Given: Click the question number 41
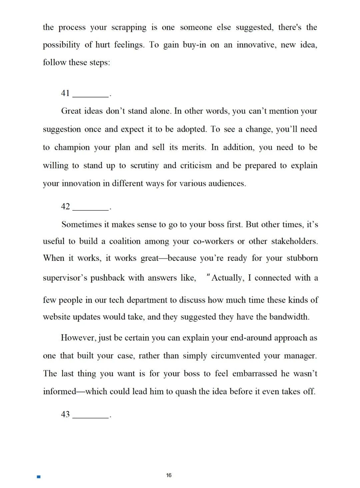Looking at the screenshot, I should pos(65,93).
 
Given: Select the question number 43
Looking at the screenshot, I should pos(65,414).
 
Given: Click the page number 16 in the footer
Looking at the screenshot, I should pos(169,475).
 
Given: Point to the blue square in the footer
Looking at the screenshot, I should pos(39,477).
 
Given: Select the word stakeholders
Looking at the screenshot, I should pos(294,241).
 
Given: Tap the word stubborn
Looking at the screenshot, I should pos(302,258).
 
